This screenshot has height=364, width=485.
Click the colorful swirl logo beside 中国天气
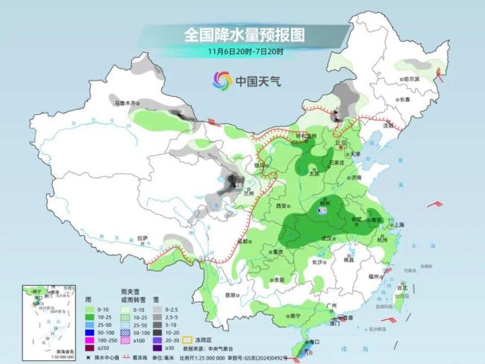click(x=222, y=80)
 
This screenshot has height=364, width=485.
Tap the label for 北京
click(x=342, y=142)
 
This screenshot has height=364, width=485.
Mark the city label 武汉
click(x=325, y=237)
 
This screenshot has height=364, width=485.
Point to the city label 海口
click(x=315, y=342)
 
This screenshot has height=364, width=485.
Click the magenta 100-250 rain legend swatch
click(x=90, y=339)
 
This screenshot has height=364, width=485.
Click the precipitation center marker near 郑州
click(x=322, y=211)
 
